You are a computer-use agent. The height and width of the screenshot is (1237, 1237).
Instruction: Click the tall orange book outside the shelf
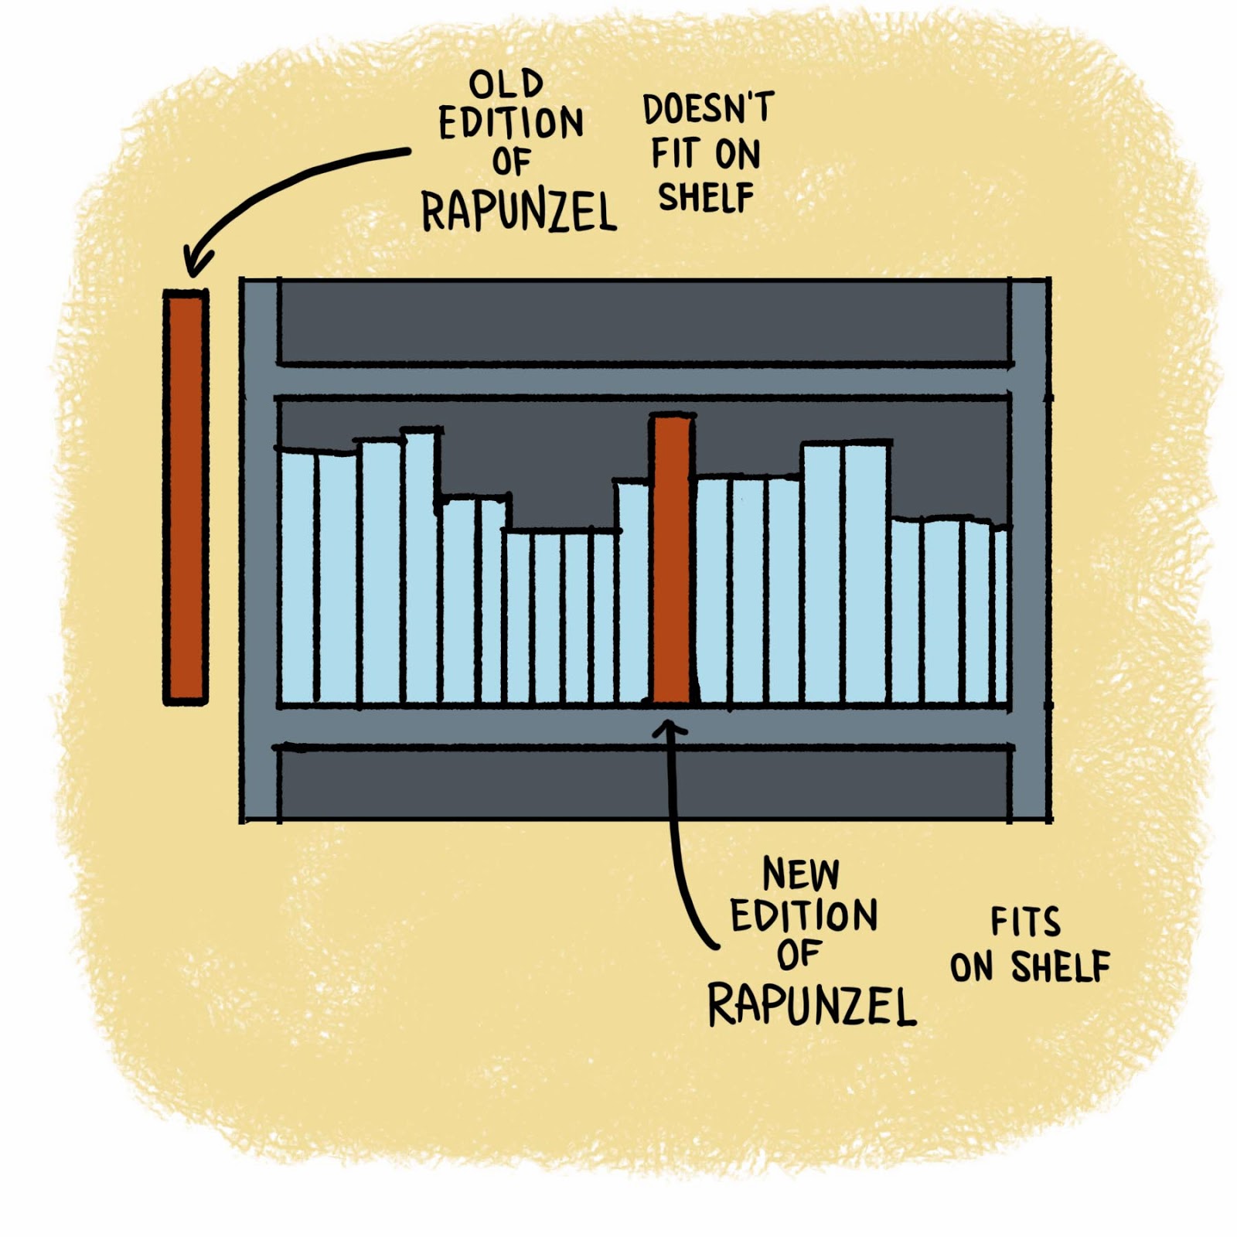tap(186, 496)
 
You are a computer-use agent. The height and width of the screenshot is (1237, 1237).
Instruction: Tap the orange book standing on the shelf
tap(671, 558)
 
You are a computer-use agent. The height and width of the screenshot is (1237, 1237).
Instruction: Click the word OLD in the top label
tap(506, 83)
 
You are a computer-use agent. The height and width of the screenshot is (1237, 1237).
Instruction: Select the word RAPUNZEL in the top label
tap(518, 211)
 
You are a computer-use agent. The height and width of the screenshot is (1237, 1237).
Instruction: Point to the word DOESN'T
tap(707, 109)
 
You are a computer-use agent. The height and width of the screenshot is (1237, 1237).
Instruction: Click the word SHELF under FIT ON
tap(705, 198)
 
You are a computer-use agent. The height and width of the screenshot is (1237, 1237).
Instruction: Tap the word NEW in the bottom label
tap(800, 874)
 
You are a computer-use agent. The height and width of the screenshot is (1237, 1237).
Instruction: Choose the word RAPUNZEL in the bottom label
tap(812, 1005)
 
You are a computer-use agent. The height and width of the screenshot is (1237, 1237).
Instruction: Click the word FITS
tap(1026, 922)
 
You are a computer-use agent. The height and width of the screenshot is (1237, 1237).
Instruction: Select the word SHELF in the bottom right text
tap(1061, 966)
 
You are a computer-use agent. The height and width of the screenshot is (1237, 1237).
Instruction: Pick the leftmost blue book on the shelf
tap(298, 576)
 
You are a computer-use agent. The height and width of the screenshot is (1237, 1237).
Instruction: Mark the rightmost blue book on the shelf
tap(1000, 615)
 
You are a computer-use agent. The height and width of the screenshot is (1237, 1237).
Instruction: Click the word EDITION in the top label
tap(510, 124)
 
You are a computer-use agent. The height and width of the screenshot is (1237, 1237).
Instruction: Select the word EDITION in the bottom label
tap(804, 916)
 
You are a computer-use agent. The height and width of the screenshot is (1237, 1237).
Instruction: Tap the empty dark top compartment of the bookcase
tap(643, 321)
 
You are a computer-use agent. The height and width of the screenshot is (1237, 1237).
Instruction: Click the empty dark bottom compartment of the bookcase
tap(643, 785)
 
